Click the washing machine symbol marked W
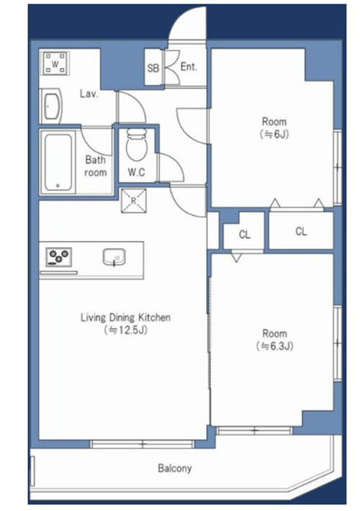[x=55, y=63]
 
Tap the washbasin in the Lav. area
[x=52, y=107]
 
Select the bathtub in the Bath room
[x=58, y=163]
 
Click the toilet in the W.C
[x=137, y=145]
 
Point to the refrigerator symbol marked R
[x=134, y=201]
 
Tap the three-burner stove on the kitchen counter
[x=59, y=256]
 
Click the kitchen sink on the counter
[x=114, y=257]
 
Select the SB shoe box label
[x=153, y=68]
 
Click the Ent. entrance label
[x=189, y=67]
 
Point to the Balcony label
[x=175, y=469]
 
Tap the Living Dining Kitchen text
[x=125, y=317]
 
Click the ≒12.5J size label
[x=125, y=330]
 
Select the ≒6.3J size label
[x=274, y=345]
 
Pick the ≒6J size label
[x=274, y=134]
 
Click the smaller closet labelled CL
[x=245, y=235]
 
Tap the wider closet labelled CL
[x=301, y=231]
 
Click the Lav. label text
[x=89, y=94]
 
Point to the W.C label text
[x=136, y=172]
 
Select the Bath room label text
[x=95, y=166]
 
